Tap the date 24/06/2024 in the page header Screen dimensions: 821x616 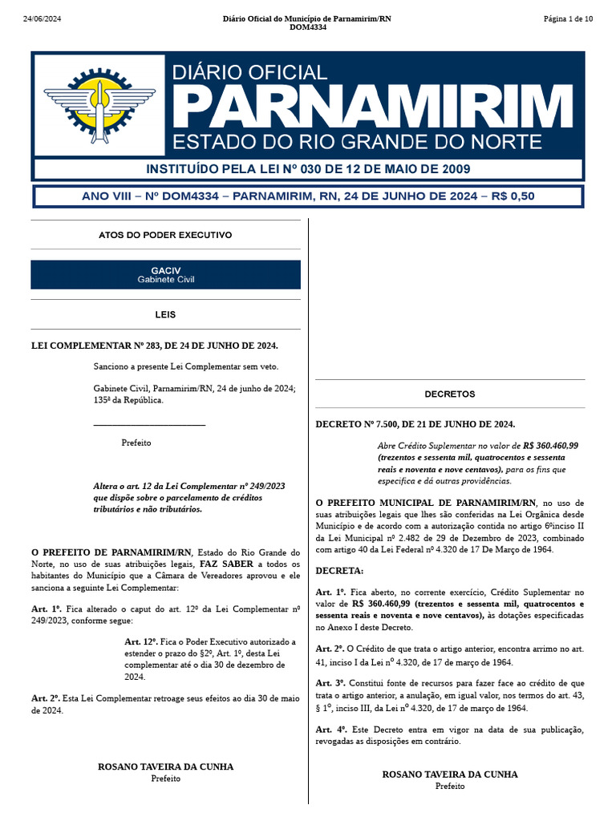click(x=41, y=19)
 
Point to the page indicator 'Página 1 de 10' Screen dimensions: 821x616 click(x=568, y=19)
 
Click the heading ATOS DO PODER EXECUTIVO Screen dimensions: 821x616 click(x=165, y=235)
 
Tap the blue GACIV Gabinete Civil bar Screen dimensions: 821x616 click(x=165, y=275)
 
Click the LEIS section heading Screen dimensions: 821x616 click(x=165, y=315)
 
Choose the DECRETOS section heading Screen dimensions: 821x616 click(x=450, y=394)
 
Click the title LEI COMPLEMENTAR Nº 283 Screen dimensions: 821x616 click(x=154, y=345)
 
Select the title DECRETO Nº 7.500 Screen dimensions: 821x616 click(x=415, y=424)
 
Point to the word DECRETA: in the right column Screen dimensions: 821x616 click(x=339, y=571)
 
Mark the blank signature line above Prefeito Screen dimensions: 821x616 click(x=149, y=424)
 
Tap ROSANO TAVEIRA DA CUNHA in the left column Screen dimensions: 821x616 click(x=165, y=766)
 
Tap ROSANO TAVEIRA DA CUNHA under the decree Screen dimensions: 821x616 click(x=450, y=774)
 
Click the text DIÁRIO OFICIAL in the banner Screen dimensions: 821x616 click(x=249, y=72)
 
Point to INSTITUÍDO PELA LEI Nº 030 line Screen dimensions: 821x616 click(x=308, y=169)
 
